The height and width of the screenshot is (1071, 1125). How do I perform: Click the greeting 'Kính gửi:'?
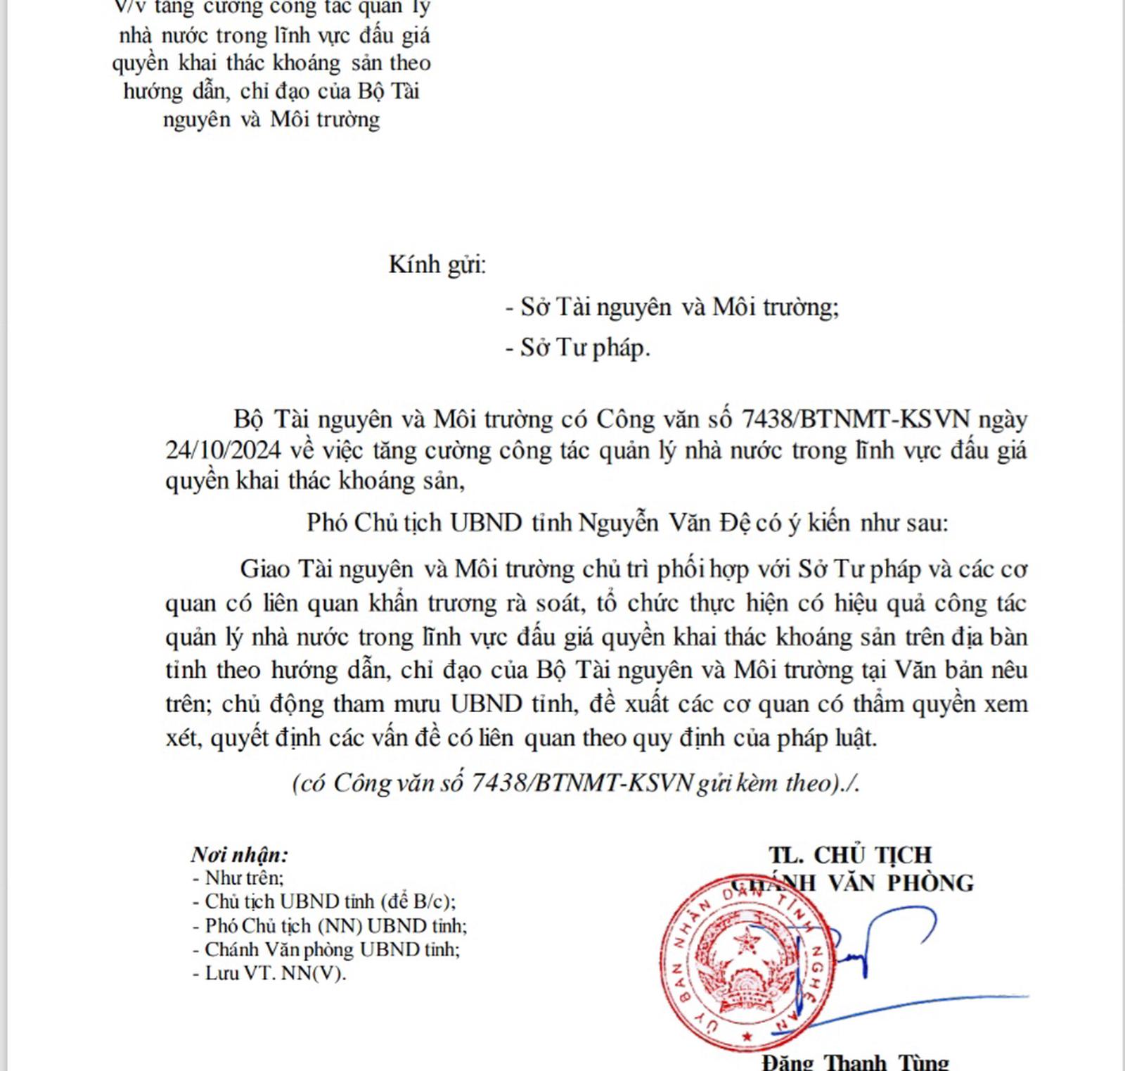[437, 265]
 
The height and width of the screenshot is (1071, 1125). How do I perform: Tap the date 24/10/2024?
[224, 450]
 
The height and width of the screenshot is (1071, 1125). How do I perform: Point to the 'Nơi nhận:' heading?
[239, 854]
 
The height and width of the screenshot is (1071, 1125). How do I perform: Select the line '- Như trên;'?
[238, 878]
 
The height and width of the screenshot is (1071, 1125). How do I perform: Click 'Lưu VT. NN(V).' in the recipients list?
[269, 973]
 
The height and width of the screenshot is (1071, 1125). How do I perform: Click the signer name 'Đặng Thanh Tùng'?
[855, 1061]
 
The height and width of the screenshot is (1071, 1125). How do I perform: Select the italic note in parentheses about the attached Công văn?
[575, 783]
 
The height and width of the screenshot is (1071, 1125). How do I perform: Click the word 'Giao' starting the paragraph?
[265, 569]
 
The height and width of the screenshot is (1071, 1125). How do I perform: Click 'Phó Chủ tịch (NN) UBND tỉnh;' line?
[330, 925]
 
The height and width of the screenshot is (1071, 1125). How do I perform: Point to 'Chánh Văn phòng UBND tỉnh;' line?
[326, 949]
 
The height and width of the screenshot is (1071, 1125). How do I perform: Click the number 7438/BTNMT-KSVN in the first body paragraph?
[856, 419]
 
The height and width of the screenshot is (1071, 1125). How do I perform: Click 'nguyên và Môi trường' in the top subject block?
[271, 119]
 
